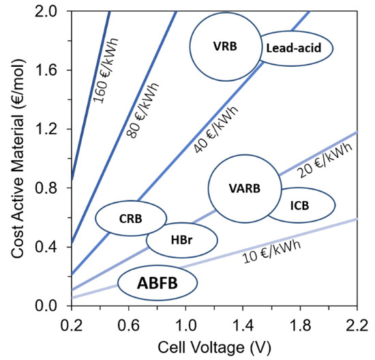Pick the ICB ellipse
pyautogui.click(x=301, y=205)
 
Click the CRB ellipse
pyautogui.click(x=130, y=219)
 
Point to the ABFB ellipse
pyautogui.click(x=157, y=282)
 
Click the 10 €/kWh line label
pyautogui.click(x=271, y=253)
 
